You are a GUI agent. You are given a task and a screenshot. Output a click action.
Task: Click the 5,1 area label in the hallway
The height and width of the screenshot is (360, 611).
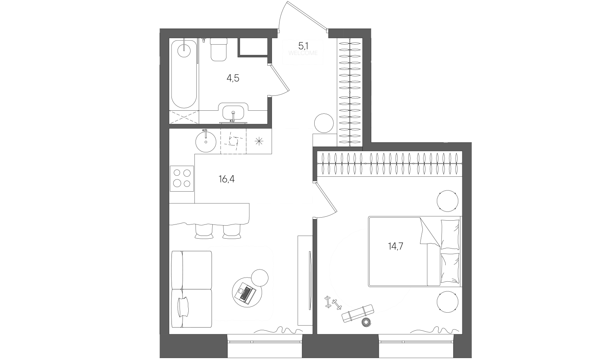click(303, 45)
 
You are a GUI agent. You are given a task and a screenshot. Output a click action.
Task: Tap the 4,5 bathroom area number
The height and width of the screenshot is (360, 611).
click(233, 78)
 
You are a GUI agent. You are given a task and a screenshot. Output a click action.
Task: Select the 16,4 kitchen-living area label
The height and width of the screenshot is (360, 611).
click(227, 179)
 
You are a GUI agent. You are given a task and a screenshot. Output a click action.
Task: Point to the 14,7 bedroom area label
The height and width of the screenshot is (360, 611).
click(396, 246)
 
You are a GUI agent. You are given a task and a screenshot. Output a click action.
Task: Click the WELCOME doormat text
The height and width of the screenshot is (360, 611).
click(303, 53)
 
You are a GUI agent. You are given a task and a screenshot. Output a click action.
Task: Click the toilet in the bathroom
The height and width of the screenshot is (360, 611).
click(218, 49)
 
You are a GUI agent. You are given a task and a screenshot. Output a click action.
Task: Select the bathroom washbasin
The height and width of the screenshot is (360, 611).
click(233, 113)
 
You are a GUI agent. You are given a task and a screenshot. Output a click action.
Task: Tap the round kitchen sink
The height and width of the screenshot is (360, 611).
click(206, 142)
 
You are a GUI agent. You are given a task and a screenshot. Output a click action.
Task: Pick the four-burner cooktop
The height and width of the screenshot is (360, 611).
click(182, 179)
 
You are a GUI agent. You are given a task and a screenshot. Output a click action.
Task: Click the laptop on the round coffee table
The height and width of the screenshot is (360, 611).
click(246, 293)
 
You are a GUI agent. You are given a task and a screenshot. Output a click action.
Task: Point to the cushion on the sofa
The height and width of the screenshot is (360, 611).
click(183, 307)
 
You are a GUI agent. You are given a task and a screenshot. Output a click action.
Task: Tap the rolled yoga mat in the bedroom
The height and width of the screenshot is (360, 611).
click(357, 313)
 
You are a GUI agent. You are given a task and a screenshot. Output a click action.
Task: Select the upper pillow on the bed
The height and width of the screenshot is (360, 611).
click(450, 234)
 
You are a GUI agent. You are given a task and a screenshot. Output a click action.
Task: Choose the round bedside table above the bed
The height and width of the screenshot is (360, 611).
click(447, 201)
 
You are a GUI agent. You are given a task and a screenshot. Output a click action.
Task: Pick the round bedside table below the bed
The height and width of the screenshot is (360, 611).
click(447, 302)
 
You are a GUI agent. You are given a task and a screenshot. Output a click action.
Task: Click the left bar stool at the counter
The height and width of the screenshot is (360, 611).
click(204, 232)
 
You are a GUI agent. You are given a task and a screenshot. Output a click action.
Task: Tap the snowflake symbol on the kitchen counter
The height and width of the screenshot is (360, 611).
click(259, 141)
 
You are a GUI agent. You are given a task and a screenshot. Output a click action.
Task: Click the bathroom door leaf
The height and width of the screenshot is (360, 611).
click(279, 78)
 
